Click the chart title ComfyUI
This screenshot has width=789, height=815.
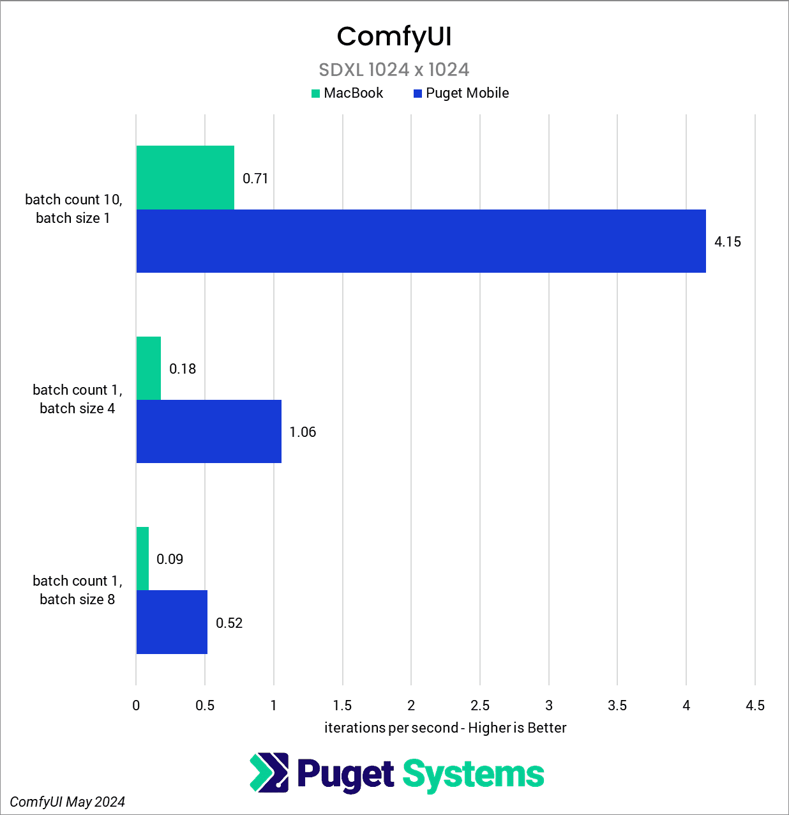pos(394,36)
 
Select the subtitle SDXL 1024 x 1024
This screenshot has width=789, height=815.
pos(394,70)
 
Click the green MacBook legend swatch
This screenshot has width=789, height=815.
pos(315,94)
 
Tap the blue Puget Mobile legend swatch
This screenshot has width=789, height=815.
pos(418,94)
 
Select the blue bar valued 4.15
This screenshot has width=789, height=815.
pos(421,241)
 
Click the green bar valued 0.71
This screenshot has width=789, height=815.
pos(185,178)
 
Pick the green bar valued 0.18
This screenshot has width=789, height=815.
pos(149,368)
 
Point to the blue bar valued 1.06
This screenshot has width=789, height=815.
pos(209,431)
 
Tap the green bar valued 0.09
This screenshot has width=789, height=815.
pos(142,558)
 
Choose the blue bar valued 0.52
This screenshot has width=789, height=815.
pos(172,622)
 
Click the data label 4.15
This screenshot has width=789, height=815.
pos(728,242)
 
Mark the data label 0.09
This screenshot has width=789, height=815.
pos(170,560)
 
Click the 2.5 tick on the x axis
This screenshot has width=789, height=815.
pos(480,706)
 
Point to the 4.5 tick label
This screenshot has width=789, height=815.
pos(755,706)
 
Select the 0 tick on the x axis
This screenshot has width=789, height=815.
pos(136,706)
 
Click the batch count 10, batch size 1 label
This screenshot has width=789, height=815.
pos(73,209)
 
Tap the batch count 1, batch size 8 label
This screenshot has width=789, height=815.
pos(77,590)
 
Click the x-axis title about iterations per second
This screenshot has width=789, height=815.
pos(445,728)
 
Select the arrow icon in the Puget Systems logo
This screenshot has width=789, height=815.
pos(269,773)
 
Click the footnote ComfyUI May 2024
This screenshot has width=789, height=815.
pos(68,802)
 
